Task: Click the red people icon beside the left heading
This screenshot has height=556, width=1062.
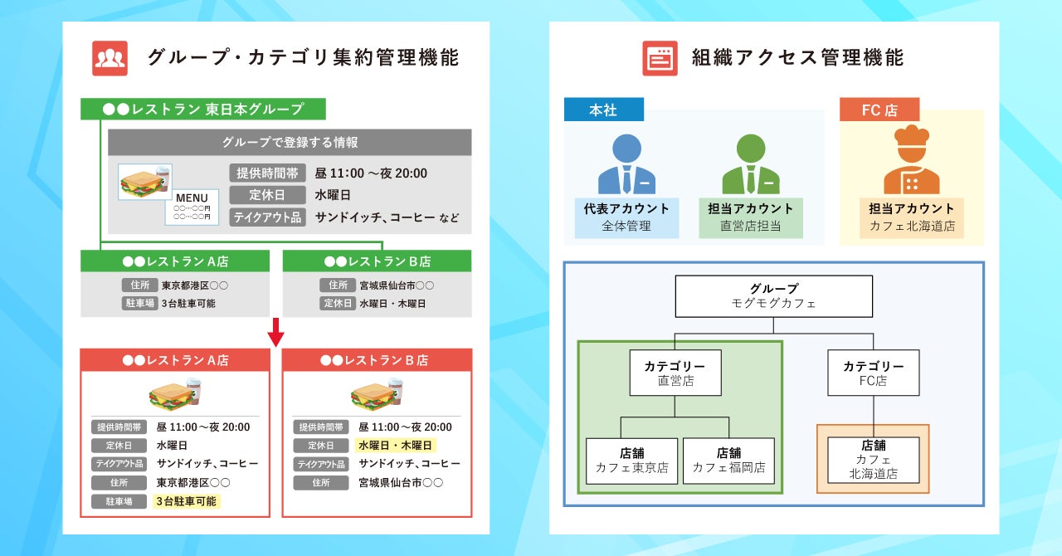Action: click(x=110, y=58)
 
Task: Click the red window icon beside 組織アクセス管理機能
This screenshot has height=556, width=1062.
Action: click(x=660, y=58)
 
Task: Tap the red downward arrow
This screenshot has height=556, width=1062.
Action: click(x=276, y=333)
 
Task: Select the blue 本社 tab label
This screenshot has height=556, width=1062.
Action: click(x=603, y=110)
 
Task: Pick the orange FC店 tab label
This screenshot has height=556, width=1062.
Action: click(x=879, y=110)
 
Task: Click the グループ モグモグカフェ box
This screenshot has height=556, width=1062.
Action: click(x=773, y=296)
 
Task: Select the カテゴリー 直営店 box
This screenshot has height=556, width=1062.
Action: click(x=675, y=373)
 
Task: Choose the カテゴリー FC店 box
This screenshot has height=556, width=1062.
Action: click(x=873, y=373)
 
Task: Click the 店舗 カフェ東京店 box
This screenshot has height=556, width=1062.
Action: click(x=631, y=461)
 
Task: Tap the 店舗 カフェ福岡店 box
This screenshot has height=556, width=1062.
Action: click(x=728, y=461)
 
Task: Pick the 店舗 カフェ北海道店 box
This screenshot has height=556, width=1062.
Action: click(x=873, y=460)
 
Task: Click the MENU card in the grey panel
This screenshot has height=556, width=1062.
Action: click(x=192, y=207)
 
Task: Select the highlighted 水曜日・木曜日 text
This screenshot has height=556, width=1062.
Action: click(x=395, y=446)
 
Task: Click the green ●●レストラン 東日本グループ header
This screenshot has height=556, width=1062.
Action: click(x=203, y=109)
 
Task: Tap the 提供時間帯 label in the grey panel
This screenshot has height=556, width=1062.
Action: click(x=267, y=173)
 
